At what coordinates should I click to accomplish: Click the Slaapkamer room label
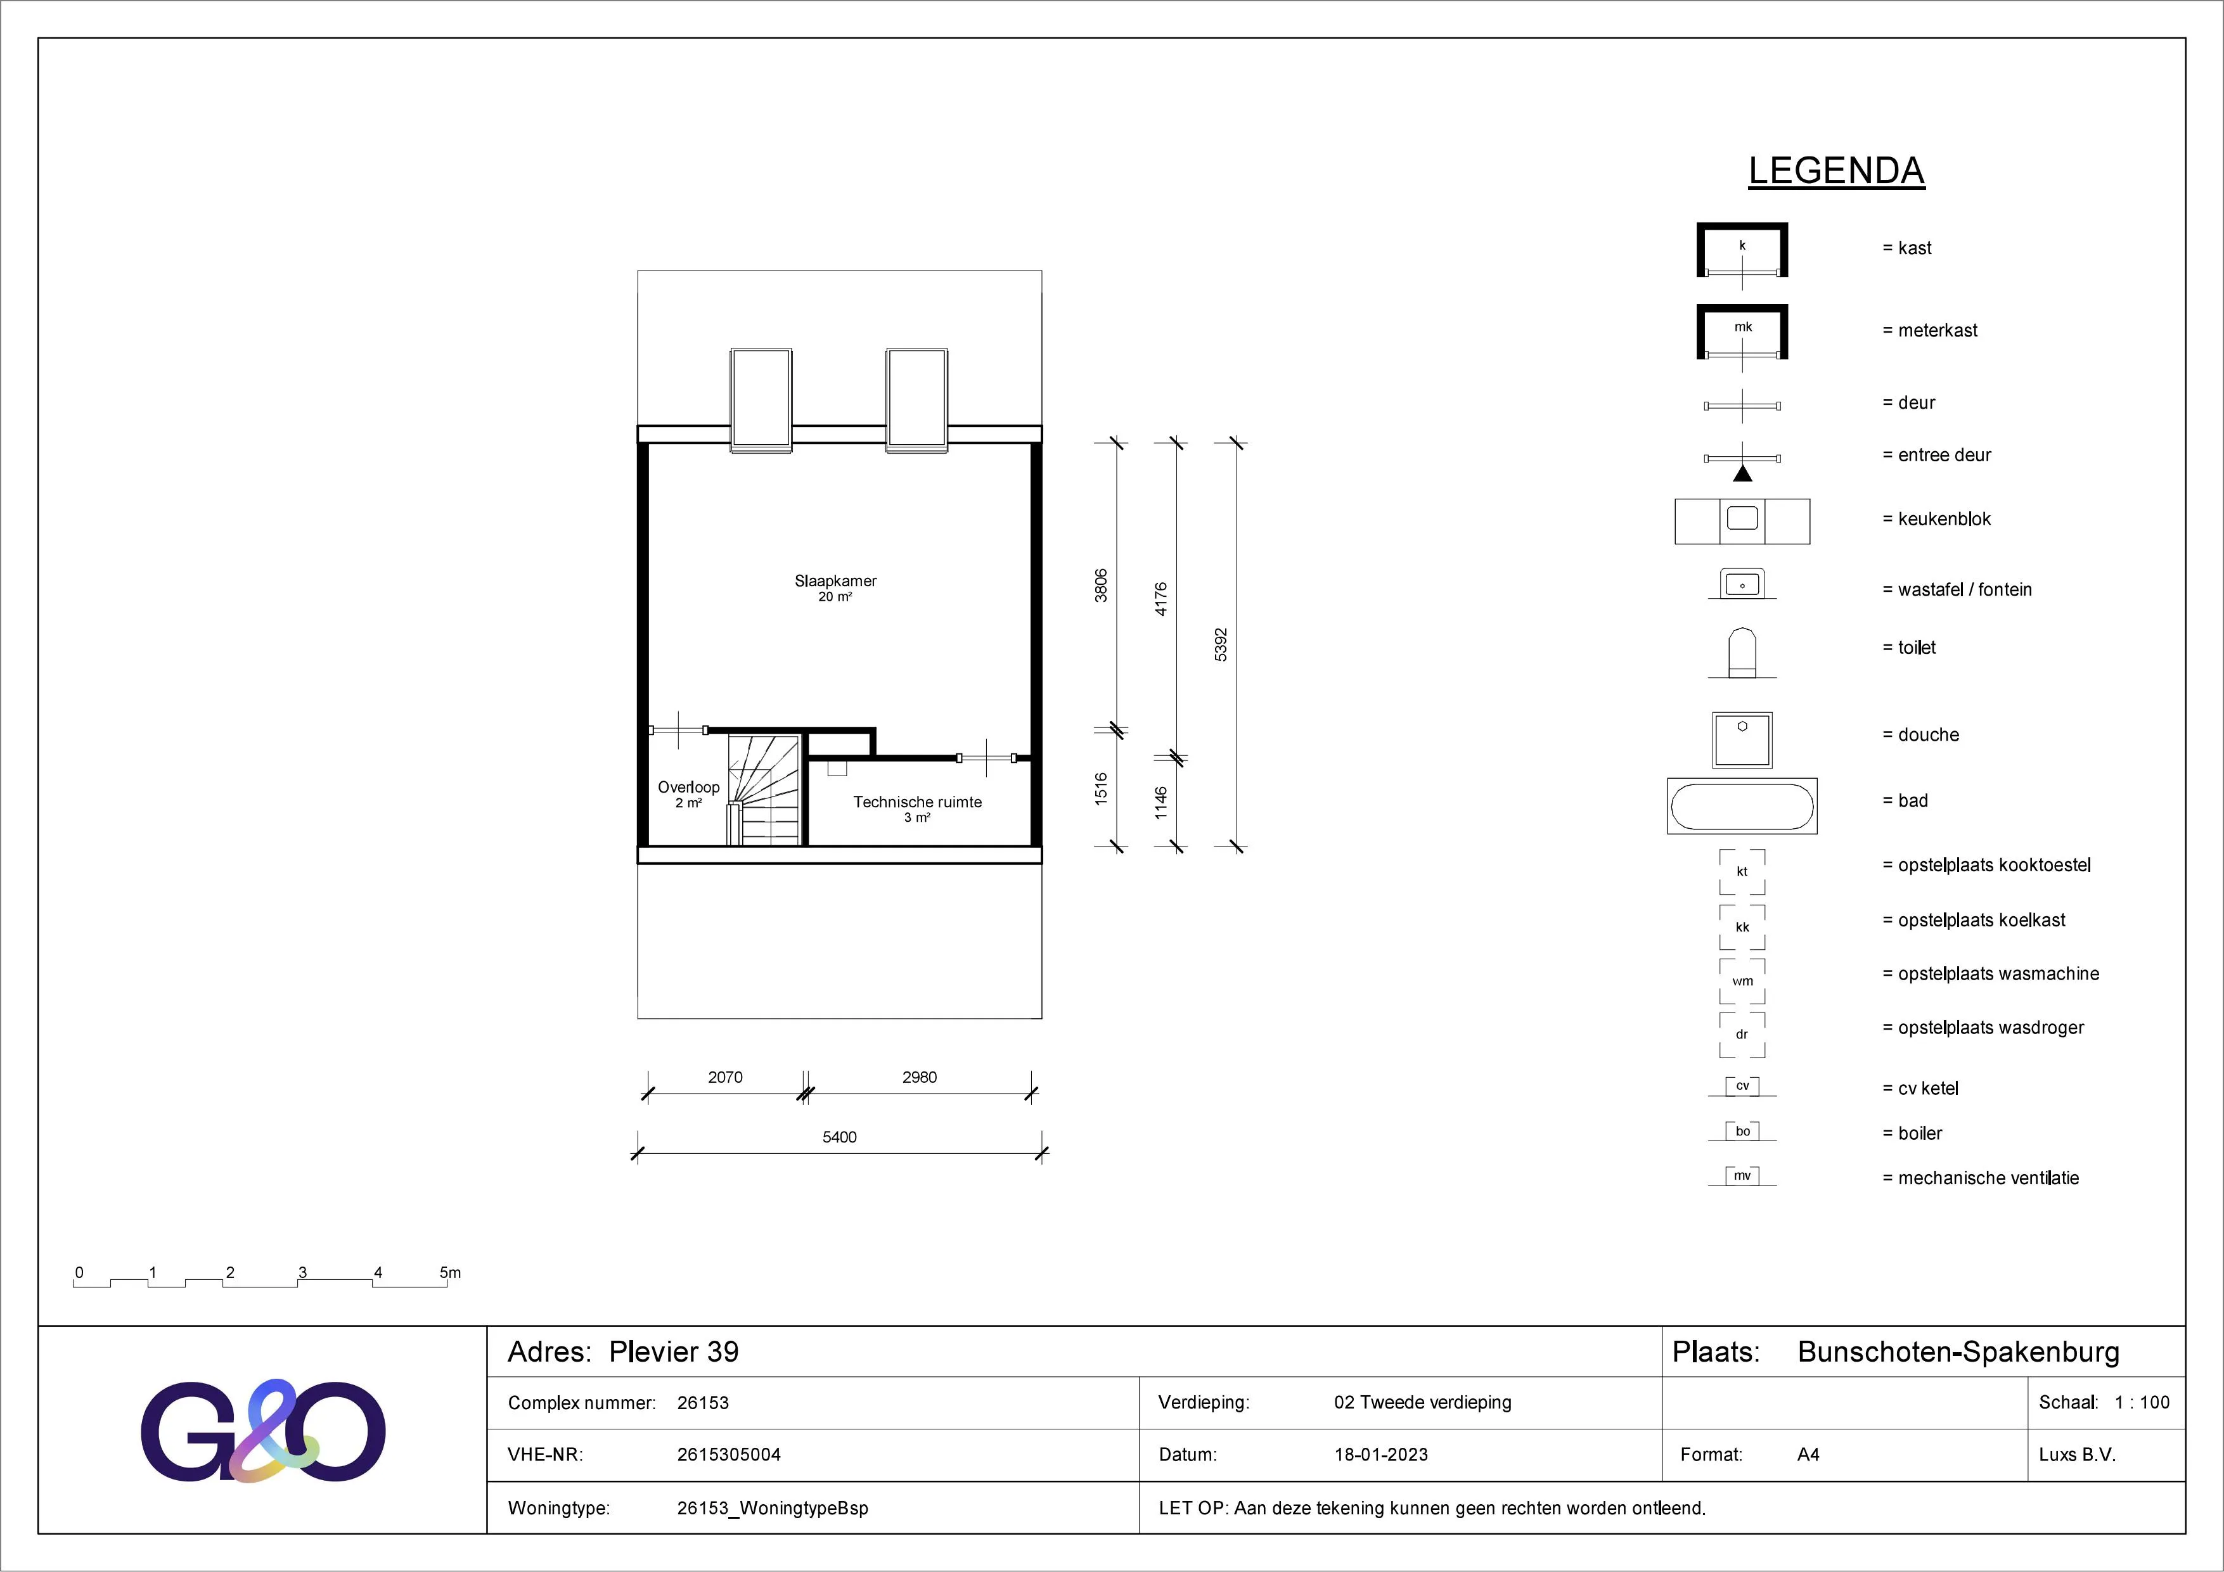coord(835,581)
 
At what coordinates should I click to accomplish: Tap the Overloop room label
coord(689,788)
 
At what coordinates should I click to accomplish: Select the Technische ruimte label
coord(917,802)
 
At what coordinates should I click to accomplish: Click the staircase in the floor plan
coord(764,789)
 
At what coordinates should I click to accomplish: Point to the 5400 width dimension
coord(840,1137)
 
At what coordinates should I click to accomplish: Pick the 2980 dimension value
coord(919,1077)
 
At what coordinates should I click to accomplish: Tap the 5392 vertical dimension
coord(1221,645)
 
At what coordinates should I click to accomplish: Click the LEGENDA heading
coord(1837,170)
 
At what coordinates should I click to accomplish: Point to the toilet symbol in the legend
coord(1742,653)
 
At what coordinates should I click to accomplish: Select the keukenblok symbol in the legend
coord(1742,521)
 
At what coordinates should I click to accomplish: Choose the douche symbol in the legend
coord(1742,740)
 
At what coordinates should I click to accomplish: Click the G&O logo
coord(264,1431)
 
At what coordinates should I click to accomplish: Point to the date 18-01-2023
coord(1381,1455)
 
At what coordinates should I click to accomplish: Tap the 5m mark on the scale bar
coord(451,1273)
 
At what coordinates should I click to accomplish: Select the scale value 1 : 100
coord(2142,1402)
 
